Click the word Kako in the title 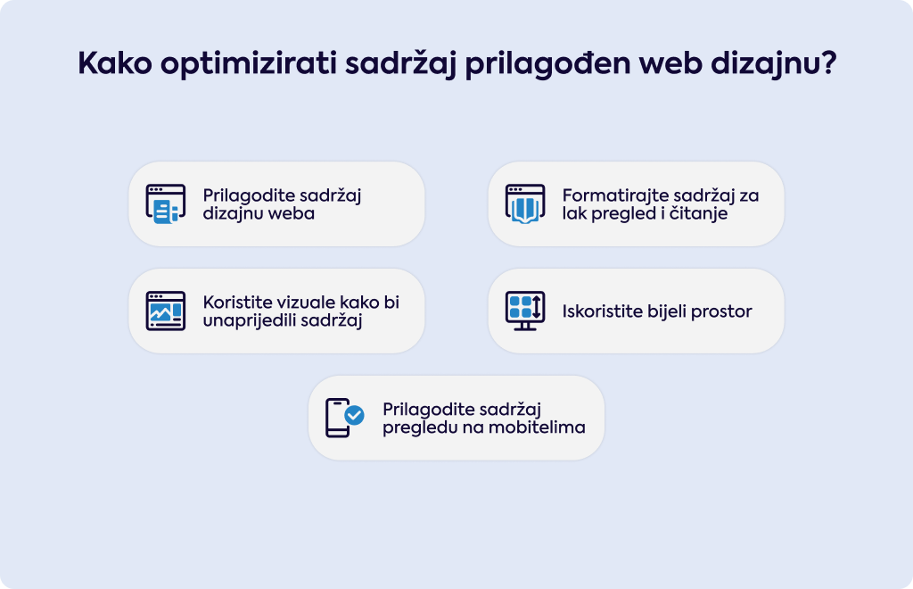pyautogui.click(x=115, y=62)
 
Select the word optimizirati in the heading pyautogui.click(x=249, y=64)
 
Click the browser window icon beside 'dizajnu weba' pyautogui.click(x=165, y=203)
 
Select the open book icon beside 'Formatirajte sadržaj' pyautogui.click(x=525, y=203)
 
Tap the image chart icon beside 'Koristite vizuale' pyautogui.click(x=165, y=311)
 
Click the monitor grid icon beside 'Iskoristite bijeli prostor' pyautogui.click(x=525, y=311)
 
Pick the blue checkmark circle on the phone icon pyautogui.click(x=354, y=415)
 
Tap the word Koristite pyautogui.click(x=238, y=303)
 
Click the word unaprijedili pyautogui.click(x=249, y=321)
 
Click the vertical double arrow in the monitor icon pyautogui.click(x=537, y=307)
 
